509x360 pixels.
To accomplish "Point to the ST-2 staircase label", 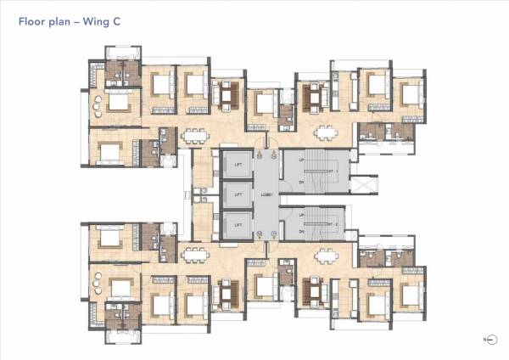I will pyautogui.click(x=332, y=224).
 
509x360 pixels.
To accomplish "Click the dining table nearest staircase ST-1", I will pyautogui.click(x=325, y=132).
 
